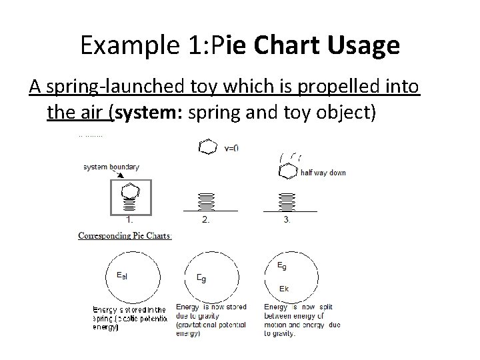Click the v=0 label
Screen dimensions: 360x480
[231, 147]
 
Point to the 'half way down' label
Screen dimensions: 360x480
[323, 173]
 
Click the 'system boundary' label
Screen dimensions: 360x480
[112, 167]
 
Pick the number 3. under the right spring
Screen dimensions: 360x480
[287, 221]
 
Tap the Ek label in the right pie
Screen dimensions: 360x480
[283, 289]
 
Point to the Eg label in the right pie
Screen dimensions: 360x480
[283, 265]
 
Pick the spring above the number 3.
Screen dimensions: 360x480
[287, 200]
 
